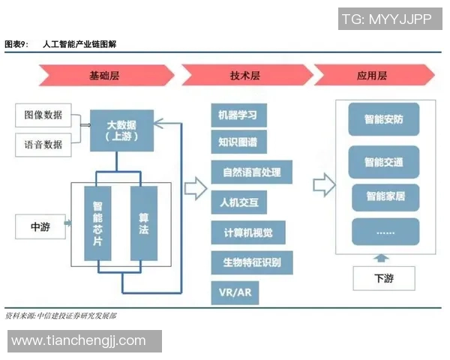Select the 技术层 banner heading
(x=244, y=76)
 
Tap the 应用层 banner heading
(x=372, y=76)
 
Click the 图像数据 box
(x=43, y=115)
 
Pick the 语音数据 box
(x=43, y=144)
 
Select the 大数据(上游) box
(x=121, y=130)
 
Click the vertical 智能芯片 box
(x=97, y=223)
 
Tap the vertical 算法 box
(x=143, y=223)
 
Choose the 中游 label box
(x=40, y=227)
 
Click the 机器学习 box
(x=238, y=115)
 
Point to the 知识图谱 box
(x=238, y=142)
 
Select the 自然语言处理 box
(x=251, y=172)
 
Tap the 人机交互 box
(x=238, y=202)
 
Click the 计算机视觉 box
(x=243, y=232)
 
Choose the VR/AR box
(x=235, y=292)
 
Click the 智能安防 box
(x=384, y=119)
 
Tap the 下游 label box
(x=383, y=278)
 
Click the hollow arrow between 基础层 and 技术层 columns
(x=195, y=188)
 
